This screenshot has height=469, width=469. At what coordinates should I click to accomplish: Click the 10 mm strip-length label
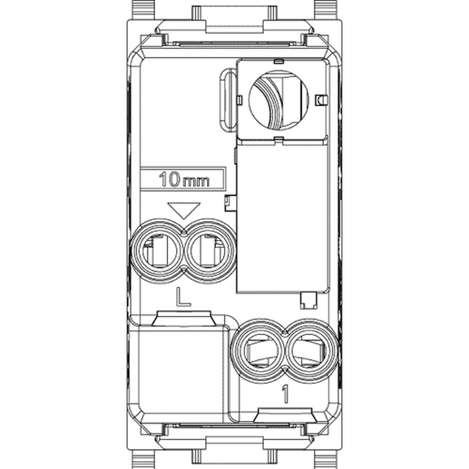click(x=184, y=180)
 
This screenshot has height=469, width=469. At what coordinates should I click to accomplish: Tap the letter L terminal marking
click(x=183, y=296)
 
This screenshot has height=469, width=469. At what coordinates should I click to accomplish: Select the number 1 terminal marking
click(x=285, y=394)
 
